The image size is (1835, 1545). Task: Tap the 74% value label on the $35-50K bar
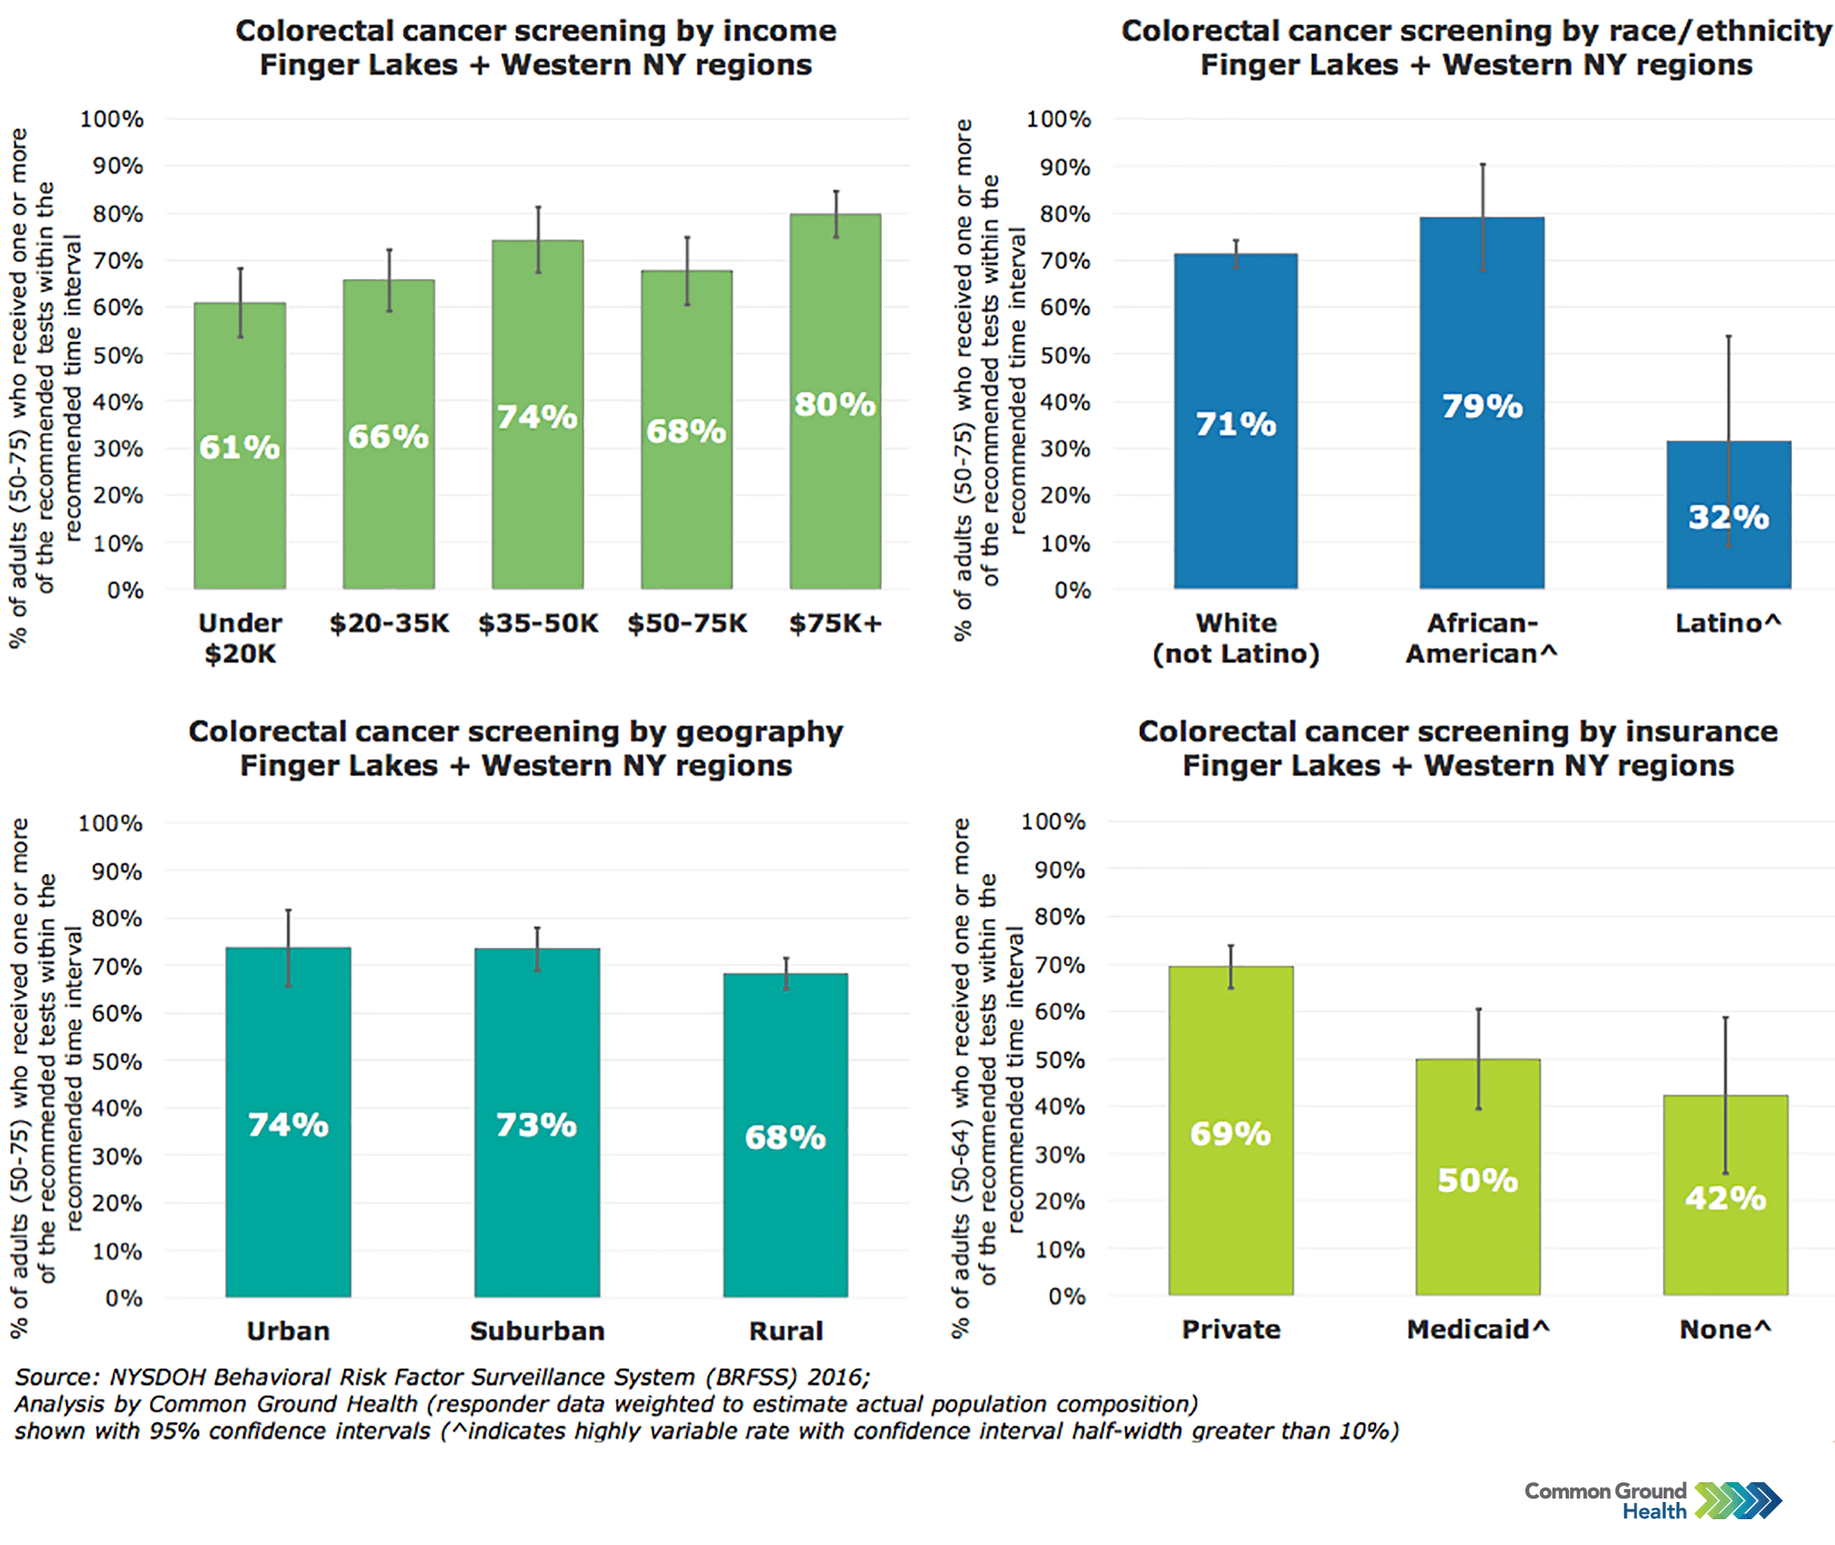click(x=537, y=417)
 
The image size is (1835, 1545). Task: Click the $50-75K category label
click(x=687, y=624)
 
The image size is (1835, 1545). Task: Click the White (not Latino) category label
click(x=1235, y=638)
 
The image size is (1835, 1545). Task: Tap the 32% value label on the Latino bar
click(x=1728, y=517)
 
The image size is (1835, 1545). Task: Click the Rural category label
click(x=785, y=1332)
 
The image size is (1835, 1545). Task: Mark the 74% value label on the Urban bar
click(x=288, y=1124)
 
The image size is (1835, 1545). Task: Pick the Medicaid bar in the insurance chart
click(x=1478, y=1244)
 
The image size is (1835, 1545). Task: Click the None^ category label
click(x=1725, y=1330)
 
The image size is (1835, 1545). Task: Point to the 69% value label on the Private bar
click(x=1229, y=1134)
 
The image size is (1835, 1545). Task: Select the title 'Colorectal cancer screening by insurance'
click(x=1457, y=731)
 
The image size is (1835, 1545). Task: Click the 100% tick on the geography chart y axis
click(x=110, y=823)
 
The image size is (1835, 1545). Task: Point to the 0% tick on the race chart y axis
click(x=1072, y=590)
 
